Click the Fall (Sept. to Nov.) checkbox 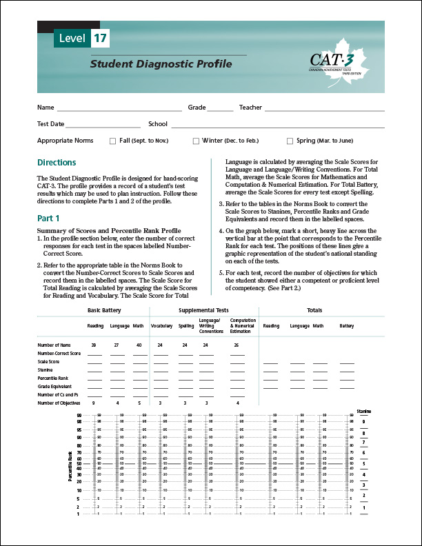113,141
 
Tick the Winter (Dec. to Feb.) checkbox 196,141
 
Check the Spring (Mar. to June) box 290,141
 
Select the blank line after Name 119,109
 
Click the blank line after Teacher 324,109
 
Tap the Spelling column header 186,325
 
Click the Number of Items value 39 93,343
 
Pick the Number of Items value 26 237,343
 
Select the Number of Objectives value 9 93,403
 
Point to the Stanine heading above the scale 364,411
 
